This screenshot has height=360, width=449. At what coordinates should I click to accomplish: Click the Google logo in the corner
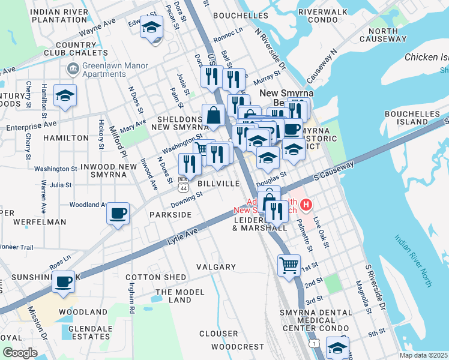pos(20,352)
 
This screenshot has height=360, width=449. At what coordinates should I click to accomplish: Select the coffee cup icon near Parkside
pos(118,214)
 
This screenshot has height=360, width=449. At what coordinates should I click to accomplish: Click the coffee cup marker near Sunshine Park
pos(63,282)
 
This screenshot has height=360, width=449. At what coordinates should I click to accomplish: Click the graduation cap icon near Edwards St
pos(151,28)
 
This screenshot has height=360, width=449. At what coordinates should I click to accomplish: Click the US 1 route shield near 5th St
pos(315,343)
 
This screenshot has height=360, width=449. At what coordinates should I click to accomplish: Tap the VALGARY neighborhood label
pos(216,266)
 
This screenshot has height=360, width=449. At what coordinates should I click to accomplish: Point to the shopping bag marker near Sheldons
pos(213,115)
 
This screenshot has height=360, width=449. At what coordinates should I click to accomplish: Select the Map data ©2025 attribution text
pos(423,355)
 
